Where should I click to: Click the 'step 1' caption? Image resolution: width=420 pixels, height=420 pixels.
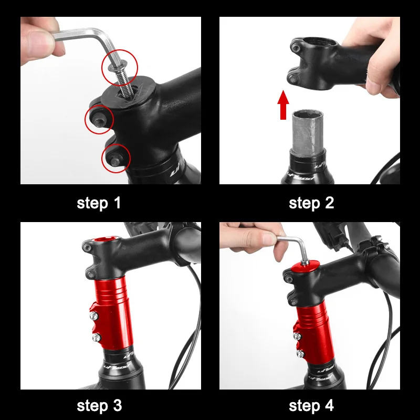[99, 203]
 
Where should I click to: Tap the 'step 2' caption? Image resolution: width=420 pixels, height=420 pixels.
[311, 203]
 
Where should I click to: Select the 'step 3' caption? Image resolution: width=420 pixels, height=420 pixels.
[99, 405]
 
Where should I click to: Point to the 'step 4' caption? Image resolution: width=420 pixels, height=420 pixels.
[311, 405]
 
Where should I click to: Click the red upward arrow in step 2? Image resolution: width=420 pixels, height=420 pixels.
[283, 104]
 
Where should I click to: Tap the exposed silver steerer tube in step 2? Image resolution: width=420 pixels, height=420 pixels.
[308, 133]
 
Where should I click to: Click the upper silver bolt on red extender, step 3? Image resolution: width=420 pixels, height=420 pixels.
[93, 316]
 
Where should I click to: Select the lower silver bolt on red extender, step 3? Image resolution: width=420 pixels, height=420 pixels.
[96, 338]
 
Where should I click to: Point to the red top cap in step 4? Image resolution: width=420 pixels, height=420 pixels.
[306, 267]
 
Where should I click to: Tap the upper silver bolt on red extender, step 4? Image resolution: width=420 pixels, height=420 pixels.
[297, 335]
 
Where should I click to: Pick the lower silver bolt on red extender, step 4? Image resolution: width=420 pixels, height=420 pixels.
[300, 354]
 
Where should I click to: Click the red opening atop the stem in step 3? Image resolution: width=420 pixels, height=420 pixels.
[105, 239]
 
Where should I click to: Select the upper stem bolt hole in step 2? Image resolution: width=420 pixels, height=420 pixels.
[296, 48]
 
